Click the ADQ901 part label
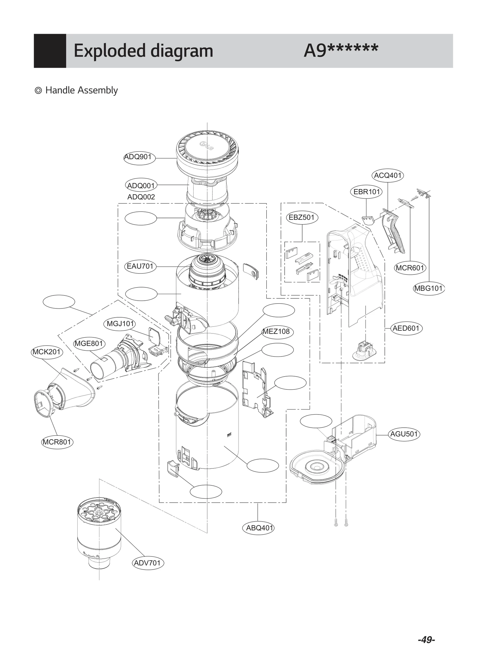coord(139,157)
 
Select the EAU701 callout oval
coord(140,266)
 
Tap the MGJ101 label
coord(120,324)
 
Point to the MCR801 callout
coord(57,442)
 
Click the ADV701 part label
coord(148,563)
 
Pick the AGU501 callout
coord(404,434)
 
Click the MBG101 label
coord(429,288)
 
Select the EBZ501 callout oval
coord(302,218)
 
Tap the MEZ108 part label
coord(277,332)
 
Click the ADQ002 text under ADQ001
coord(141,197)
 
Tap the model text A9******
coord(341,50)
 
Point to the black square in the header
coord(50,51)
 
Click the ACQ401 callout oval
coord(387,176)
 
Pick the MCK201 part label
coord(47,352)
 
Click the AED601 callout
coord(406,328)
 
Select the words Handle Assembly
coord(82,90)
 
